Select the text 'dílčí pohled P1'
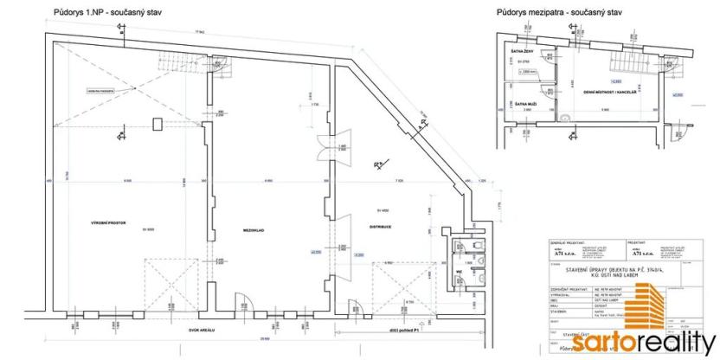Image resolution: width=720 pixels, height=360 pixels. pos(400,329)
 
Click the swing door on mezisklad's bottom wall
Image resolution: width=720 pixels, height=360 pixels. pos(247,302)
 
